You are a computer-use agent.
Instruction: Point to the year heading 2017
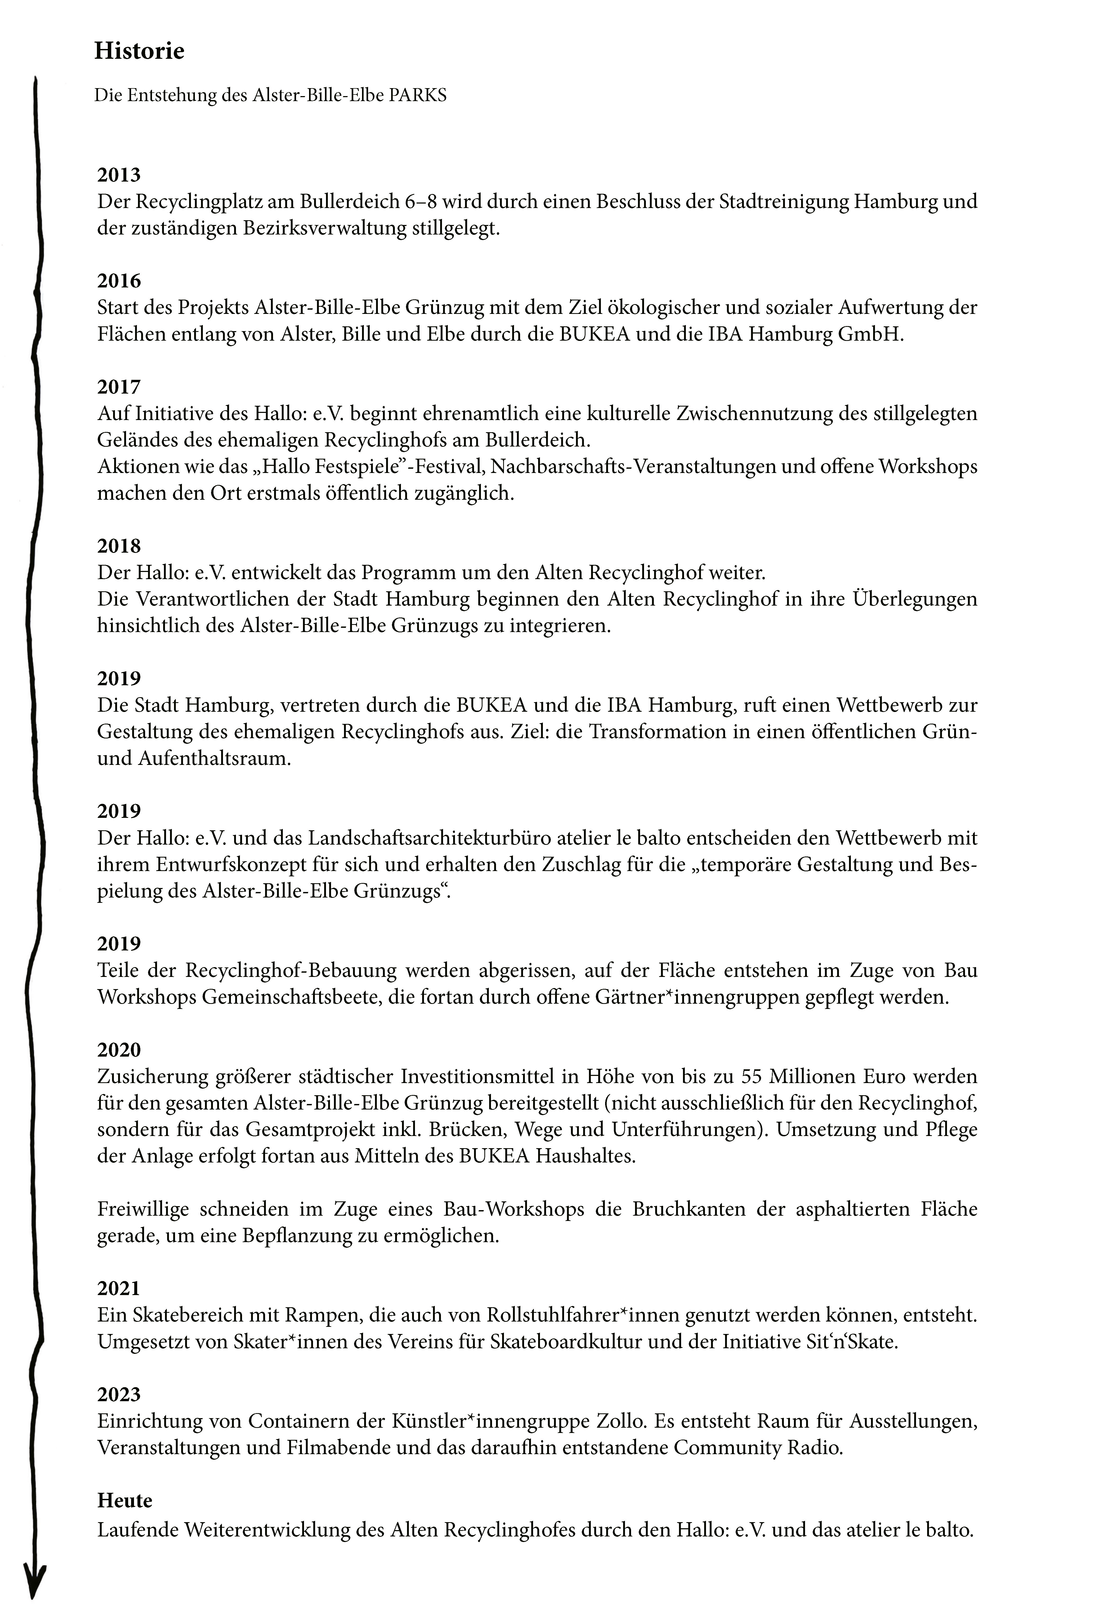tap(119, 387)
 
